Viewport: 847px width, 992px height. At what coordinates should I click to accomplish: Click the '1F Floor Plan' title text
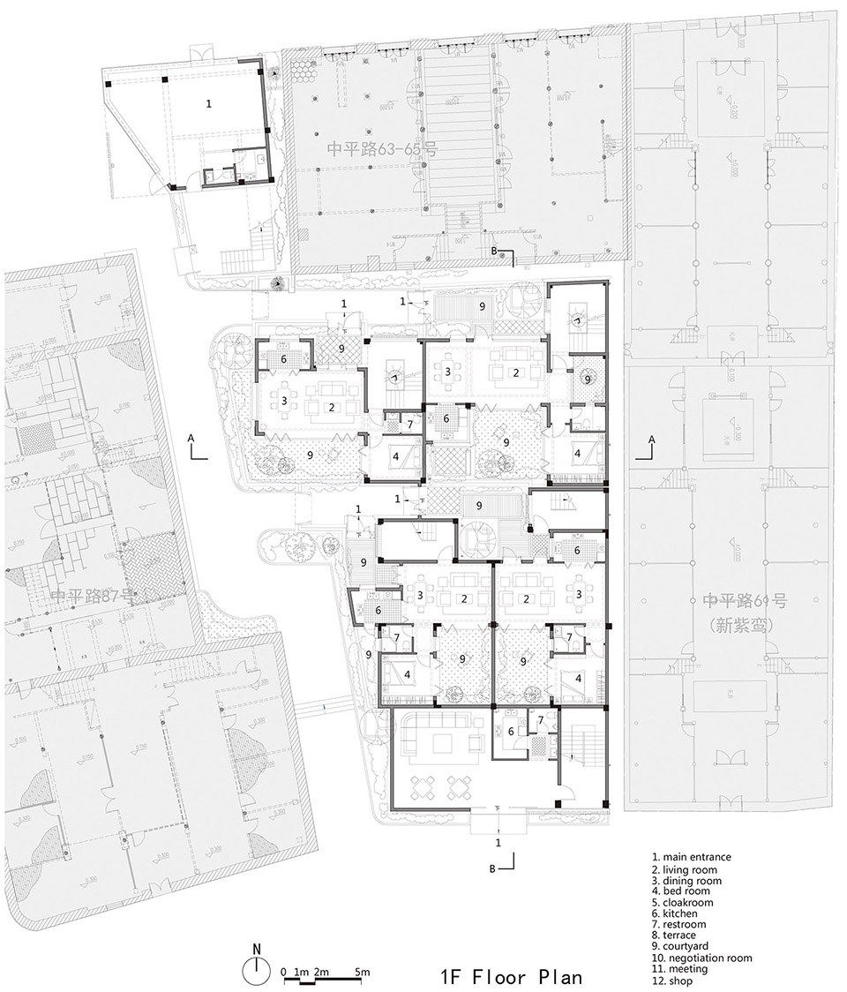coord(511,977)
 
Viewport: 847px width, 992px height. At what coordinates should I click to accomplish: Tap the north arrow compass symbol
coord(257,971)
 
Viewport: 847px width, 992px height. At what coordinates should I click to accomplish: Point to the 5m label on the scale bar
coord(362,972)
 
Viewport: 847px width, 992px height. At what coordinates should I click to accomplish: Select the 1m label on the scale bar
coord(301,972)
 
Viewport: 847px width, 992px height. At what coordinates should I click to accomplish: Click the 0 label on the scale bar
coord(283,972)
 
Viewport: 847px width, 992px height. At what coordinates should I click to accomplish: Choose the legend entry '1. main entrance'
coord(691,856)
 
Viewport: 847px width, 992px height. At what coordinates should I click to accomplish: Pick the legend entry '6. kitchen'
coord(674,914)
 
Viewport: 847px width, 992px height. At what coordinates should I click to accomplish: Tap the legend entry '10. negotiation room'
coord(701,958)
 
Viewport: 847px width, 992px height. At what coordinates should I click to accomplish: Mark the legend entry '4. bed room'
coord(678,891)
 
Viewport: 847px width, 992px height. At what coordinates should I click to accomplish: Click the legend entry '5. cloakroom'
coord(682,903)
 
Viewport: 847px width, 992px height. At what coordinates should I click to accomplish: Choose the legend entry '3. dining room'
coord(686,881)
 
